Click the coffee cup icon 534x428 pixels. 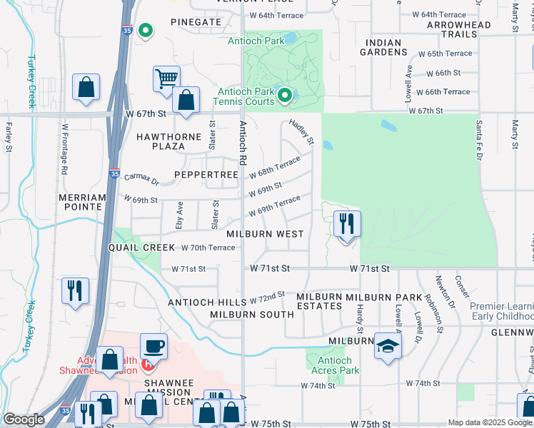[153, 347]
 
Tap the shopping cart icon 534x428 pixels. [166, 78]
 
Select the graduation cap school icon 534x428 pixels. [388, 346]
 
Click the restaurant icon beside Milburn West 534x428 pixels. [347, 224]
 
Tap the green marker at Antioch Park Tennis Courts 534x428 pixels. [285, 95]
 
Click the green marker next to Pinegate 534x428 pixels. [146, 31]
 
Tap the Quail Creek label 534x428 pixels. [141, 247]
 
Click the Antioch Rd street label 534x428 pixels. [243, 140]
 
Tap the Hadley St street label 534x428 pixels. [301, 132]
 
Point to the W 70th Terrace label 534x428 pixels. [208, 248]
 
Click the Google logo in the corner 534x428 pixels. [24, 419]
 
